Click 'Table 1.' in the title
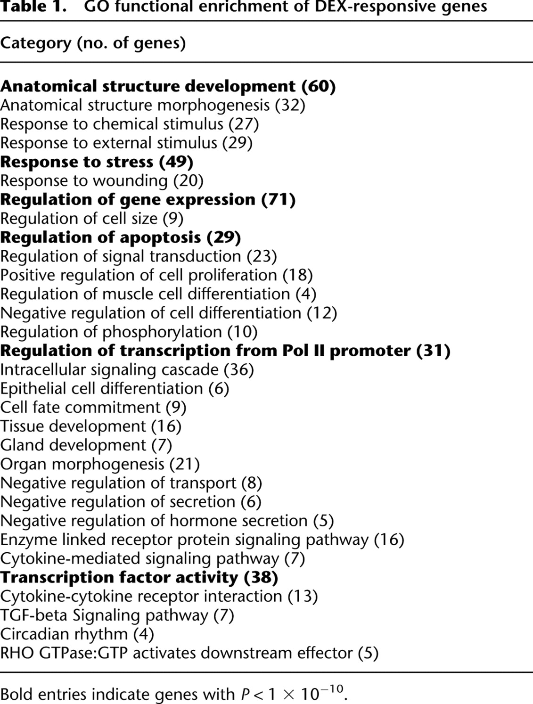point(33,6)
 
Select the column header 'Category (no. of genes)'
point(93,43)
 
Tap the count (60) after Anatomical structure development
point(319,87)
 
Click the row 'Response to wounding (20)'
point(102,181)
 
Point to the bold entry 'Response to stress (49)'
point(97,162)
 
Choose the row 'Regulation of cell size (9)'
point(92,219)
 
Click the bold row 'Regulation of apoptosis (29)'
point(121,237)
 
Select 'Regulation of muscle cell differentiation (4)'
point(158,294)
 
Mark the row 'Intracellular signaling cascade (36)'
point(127,370)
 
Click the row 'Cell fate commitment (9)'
point(93,408)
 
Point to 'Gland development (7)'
point(86,445)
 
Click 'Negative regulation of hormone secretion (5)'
point(167,521)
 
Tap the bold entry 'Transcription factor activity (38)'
point(139,578)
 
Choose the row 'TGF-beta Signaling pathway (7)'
point(117,615)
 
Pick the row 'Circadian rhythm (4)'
point(77,634)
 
